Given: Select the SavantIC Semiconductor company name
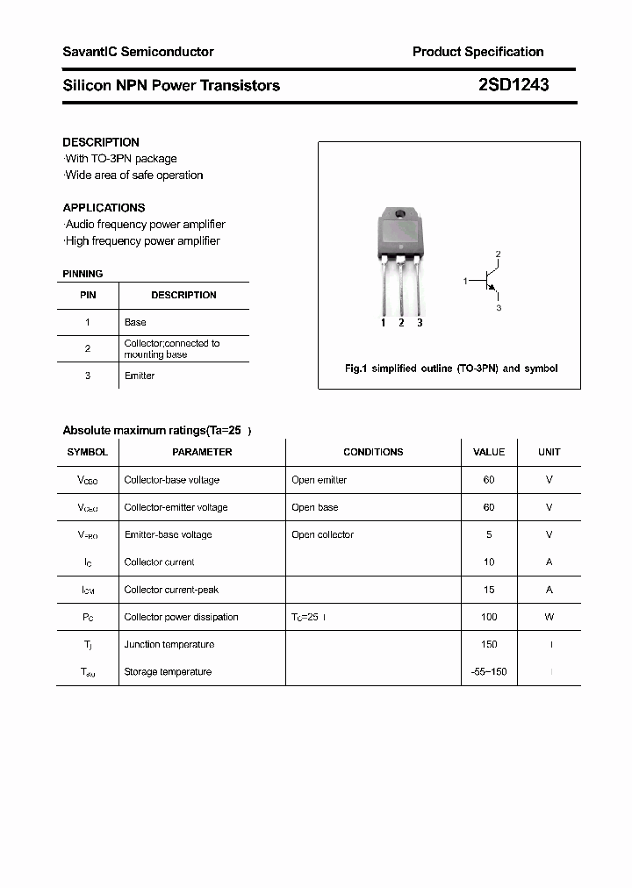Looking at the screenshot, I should (138, 52).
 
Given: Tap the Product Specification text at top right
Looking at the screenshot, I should (478, 52).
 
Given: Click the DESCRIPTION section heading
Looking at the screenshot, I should (101, 142).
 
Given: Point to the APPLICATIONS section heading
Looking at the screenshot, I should (104, 208).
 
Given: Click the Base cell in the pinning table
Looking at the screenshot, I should (135, 322).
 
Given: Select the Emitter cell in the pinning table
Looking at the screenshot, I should (140, 376).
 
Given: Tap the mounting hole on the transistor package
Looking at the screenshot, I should (400, 215).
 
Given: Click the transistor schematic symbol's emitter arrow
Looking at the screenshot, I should (493, 287).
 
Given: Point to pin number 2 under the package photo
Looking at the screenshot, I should (401, 323).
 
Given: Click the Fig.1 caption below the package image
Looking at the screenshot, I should (450, 369).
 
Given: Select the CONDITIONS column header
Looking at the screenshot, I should (373, 452).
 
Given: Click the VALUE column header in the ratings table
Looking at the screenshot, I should (489, 452).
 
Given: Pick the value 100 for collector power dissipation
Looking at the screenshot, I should (489, 617).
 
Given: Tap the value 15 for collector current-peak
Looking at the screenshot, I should (489, 590).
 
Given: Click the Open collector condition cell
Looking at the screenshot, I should (322, 534).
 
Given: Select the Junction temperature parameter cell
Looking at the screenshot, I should (169, 644).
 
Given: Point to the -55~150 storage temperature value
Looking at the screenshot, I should (489, 671).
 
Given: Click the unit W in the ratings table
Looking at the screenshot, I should (549, 617).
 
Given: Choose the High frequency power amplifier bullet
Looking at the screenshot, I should (142, 241).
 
